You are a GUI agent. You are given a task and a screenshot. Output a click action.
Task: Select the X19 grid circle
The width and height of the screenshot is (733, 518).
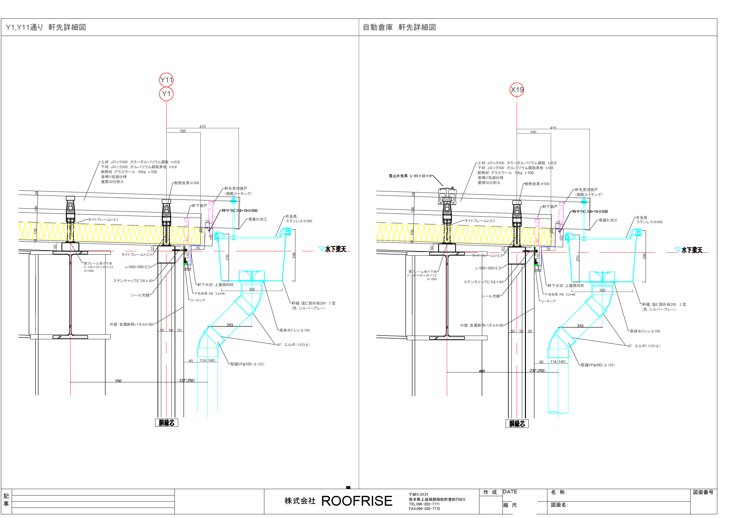pyautogui.click(x=517, y=90)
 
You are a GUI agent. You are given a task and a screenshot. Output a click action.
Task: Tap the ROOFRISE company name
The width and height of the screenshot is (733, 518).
pyautogui.click(x=356, y=501)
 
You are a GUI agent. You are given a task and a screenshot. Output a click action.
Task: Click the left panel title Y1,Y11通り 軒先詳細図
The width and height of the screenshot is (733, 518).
pyautogui.click(x=46, y=27)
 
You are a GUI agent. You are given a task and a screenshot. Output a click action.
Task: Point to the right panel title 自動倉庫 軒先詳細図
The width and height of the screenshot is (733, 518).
pyautogui.click(x=399, y=27)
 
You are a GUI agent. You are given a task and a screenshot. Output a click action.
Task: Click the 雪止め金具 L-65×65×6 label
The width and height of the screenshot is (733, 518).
pyautogui.click(x=410, y=176)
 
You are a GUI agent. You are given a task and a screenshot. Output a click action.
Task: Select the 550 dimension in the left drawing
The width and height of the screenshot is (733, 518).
pyautogui.click(x=118, y=381)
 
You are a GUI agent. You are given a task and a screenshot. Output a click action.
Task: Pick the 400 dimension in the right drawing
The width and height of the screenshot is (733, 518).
pyautogui.click(x=482, y=371)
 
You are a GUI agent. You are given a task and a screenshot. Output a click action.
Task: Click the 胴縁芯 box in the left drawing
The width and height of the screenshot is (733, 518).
pyautogui.click(x=166, y=423)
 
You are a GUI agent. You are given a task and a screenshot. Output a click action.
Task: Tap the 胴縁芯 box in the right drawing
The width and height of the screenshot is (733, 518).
pyautogui.click(x=517, y=424)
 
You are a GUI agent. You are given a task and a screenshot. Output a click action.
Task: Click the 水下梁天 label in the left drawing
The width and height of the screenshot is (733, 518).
pyautogui.click(x=335, y=249)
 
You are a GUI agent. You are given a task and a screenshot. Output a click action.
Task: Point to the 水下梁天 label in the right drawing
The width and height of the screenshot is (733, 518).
pyautogui.click(x=692, y=250)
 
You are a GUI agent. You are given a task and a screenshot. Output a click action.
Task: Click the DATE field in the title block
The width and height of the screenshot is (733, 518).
pyautogui.click(x=510, y=492)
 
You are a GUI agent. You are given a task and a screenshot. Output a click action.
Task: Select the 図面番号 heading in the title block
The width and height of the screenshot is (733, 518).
pyautogui.click(x=703, y=492)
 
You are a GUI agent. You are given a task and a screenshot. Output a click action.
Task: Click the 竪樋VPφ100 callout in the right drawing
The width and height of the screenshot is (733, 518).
pyautogui.click(x=597, y=365)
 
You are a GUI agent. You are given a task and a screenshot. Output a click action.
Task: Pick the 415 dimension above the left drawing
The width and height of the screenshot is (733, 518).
pyautogui.click(x=202, y=127)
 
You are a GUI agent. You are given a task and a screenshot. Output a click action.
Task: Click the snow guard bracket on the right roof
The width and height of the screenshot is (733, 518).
pyautogui.click(x=447, y=196)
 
